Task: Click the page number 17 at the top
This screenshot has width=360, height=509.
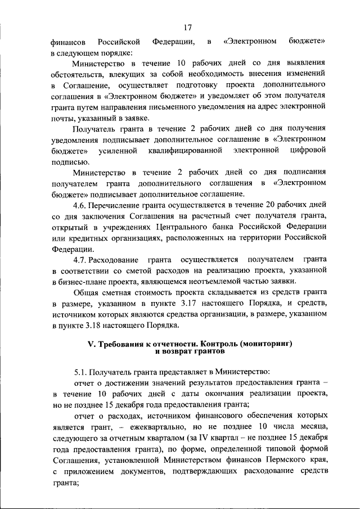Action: pyautogui.click(x=188, y=26)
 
